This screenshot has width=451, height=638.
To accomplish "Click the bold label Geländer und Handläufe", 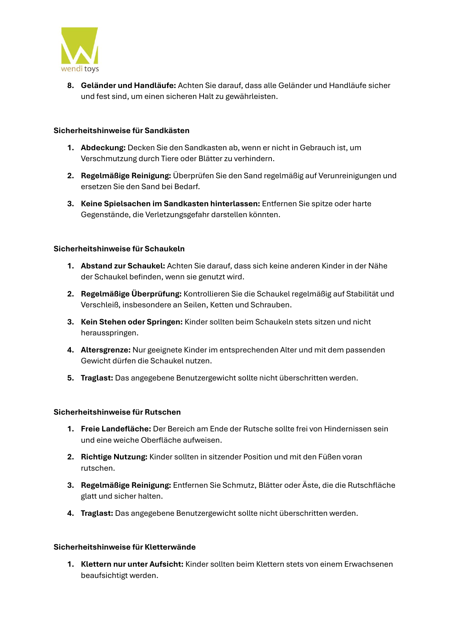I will (128, 85).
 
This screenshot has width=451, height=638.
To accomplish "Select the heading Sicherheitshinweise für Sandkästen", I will (121, 131).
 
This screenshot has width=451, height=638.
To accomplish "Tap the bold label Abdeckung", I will (103, 148).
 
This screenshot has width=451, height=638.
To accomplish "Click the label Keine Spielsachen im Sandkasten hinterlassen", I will (170, 204).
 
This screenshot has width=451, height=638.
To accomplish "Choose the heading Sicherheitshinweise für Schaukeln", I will (119, 249).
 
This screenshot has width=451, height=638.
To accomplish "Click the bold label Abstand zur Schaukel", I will (123, 266).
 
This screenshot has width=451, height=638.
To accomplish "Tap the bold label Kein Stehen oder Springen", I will (132, 322).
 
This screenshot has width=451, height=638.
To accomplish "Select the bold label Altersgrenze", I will (105, 350).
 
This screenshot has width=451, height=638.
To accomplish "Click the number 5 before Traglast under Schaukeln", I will (70, 378).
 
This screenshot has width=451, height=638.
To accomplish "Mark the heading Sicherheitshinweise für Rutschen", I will (117, 412).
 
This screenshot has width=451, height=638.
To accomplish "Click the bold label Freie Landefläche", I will (116, 429).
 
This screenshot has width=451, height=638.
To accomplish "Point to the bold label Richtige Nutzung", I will (114, 457).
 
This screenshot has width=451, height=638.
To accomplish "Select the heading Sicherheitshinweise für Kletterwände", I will (124, 547).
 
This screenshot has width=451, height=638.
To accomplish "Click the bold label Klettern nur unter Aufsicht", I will (132, 564).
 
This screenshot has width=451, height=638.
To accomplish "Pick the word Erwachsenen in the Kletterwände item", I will (369, 564).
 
